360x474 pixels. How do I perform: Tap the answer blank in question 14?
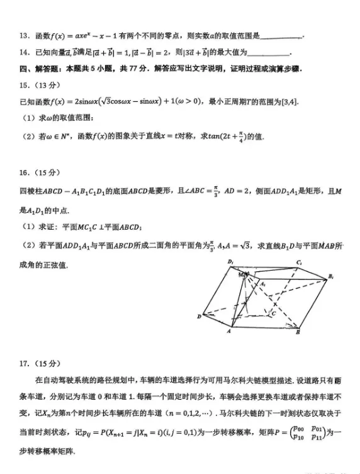(270, 53)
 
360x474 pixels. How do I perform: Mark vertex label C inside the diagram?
(273, 312)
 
